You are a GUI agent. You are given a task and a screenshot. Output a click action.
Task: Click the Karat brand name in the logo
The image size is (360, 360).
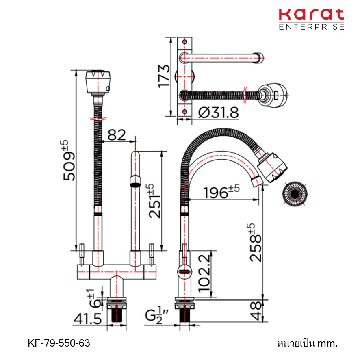click(311, 15)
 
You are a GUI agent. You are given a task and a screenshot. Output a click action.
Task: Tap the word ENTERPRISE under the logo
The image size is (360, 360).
click(311, 27)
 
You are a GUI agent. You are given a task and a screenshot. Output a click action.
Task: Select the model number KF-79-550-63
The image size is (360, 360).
click(59, 343)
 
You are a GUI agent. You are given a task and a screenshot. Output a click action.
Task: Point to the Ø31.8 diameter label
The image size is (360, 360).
click(218, 113)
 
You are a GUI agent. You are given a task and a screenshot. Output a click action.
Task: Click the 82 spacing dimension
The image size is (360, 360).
click(117, 135)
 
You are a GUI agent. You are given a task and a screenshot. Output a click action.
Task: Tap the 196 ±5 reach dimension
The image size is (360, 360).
click(221, 192)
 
